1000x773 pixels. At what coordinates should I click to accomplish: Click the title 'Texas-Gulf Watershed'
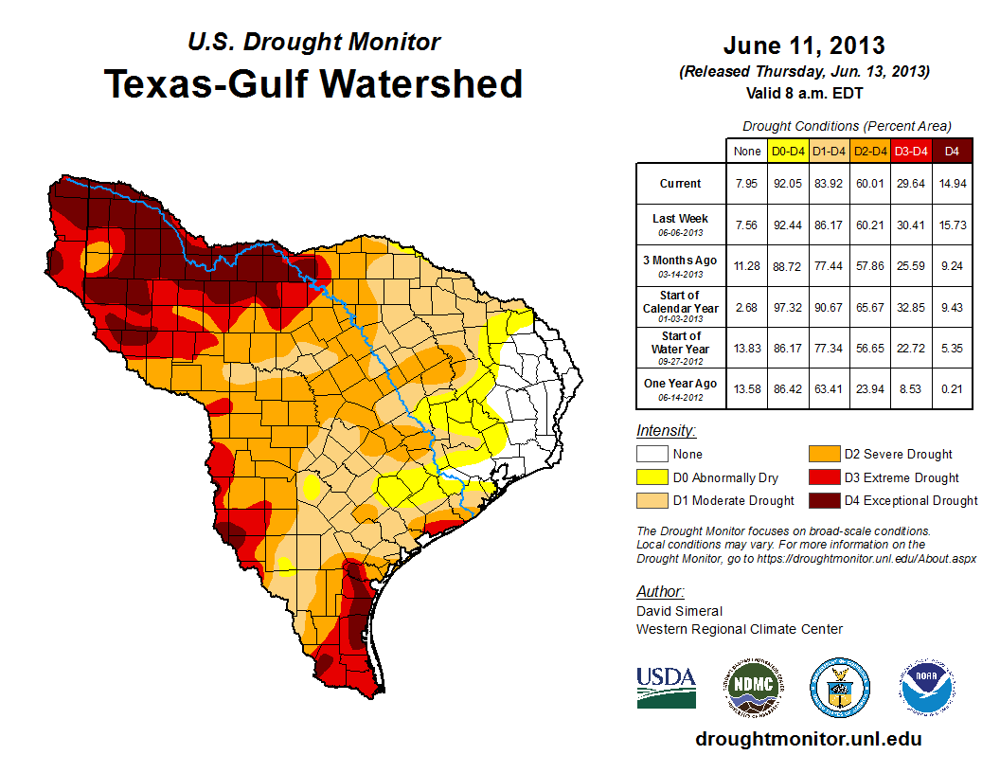pyautogui.click(x=312, y=83)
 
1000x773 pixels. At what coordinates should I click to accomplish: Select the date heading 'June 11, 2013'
pyautogui.click(x=804, y=45)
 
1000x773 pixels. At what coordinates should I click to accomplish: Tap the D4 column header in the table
pyautogui.click(x=952, y=151)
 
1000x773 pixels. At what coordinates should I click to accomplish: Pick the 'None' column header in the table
pyautogui.click(x=746, y=151)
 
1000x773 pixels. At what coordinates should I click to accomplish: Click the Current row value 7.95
pyautogui.click(x=746, y=184)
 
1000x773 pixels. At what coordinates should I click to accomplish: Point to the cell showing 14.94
pyautogui.click(x=952, y=184)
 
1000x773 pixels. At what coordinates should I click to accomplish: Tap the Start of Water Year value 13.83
pyautogui.click(x=746, y=348)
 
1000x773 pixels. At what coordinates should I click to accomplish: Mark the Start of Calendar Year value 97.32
pyautogui.click(x=788, y=307)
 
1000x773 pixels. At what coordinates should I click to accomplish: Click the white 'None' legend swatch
pyautogui.click(x=651, y=455)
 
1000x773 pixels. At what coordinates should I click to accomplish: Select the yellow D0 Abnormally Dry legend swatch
pyautogui.click(x=651, y=477)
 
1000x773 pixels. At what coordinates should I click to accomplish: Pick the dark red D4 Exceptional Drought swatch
pyautogui.click(x=823, y=500)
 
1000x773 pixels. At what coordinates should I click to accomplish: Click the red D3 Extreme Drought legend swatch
pyautogui.click(x=823, y=477)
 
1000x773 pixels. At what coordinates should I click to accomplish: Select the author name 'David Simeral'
pyautogui.click(x=679, y=611)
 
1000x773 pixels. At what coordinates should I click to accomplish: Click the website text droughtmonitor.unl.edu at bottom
pyautogui.click(x=808, y=739)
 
